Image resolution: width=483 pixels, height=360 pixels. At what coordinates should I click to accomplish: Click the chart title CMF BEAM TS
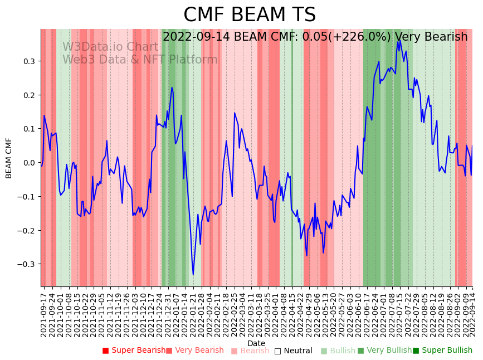(250, 15)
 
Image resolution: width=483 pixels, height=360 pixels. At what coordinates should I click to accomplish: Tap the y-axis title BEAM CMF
(9, 158)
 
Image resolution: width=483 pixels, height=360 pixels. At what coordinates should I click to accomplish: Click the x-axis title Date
(256, 343)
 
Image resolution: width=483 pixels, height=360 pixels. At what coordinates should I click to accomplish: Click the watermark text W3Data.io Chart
(110, 47)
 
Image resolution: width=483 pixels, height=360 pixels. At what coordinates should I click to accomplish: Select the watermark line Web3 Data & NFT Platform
(140, 60)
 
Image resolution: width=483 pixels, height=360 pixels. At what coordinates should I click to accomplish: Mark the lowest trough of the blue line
(193, 274)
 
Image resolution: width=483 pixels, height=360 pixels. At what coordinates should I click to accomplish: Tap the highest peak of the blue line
(399, 40)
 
